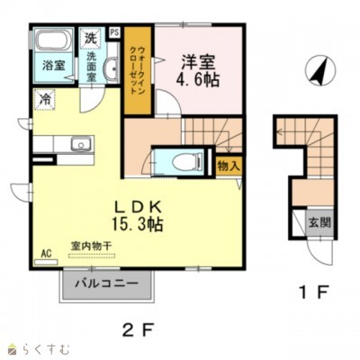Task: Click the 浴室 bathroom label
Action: point(51,66)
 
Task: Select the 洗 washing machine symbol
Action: point(90,39)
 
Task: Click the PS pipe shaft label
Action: point(114,32)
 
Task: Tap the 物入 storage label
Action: point(227,166)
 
